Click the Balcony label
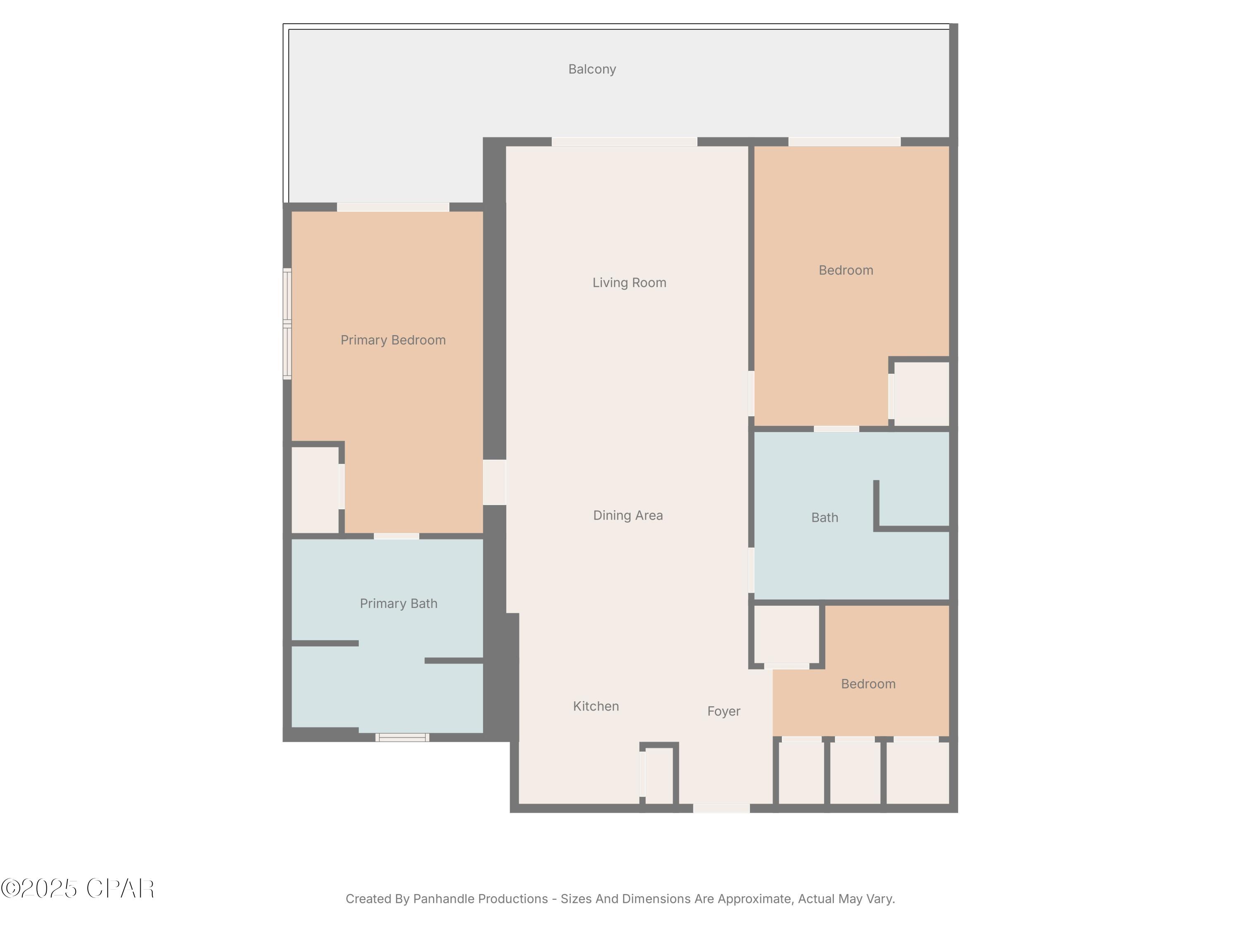pyautogui.click(x=592, y=69)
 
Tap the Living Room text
pyautogui.click(x=629, y=282)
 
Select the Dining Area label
pyautogui.click(x=628, y=515)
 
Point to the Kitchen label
pyautogui.click(x=595, y=706)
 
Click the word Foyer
pyautogui.click(x=723, y=711)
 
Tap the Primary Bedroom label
pyautogui.click(x=393, y=340)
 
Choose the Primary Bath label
pyautogui.click(x=398, y=603)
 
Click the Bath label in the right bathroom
pyautogui.click(x=824, y=517)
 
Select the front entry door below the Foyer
pyautogui.click(x=721, y=808)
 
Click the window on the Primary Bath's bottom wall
pyautogui.click(x=402, y=737)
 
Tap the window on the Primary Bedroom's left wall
pyautogui.click(x=287, y=324)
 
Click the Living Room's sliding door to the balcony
pyautogui.click(x=624, y=142)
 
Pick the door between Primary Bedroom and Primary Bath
pyautogui.click(x=396, y=536)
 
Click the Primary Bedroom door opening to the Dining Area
pyautogui.click(x=494, y=482)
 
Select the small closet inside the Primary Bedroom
pyautogui.click(x=315, y=489)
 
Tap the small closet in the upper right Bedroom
pyautogui.click(x=921, y=394)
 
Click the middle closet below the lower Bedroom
pyautogui.click(x=855, y=773)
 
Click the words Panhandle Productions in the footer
pyautogui.click(x=480, y=899)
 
